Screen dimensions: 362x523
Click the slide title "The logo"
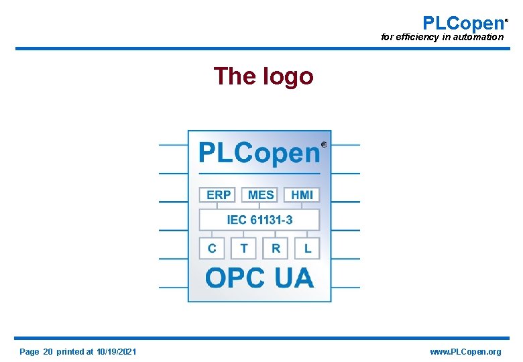(x=264, y=76)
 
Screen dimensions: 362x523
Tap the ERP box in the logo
(x=219, y=194)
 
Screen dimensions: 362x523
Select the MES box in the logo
(x=261, y=194)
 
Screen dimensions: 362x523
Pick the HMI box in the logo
(x=302, y=194)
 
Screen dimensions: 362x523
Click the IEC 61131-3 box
(x=259, y=220)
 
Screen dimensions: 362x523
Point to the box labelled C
(x=212, y=249)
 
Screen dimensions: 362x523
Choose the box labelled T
(x=244, y=249)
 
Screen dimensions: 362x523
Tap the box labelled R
(x=276, y=249)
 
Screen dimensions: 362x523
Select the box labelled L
(x=308, y=249)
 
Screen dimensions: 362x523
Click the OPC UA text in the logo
(x=259, y=278)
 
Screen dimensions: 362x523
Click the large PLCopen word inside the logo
(x=259, y=154)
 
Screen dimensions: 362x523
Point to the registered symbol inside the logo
(x=325, y=144)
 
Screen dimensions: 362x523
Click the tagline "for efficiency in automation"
(x=442, y=38)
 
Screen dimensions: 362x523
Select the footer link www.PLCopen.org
(x=465, y=352)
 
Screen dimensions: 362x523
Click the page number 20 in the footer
(x=48, y=352)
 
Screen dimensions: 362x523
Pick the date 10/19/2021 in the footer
(x=117, y=352)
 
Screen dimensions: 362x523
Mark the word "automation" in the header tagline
(x=477, y=38)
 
